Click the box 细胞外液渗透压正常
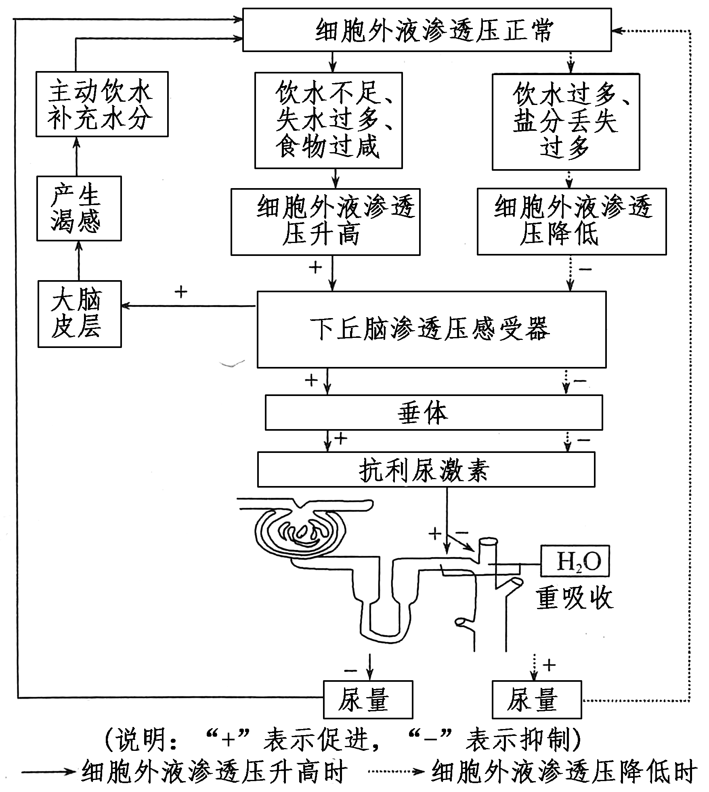(x=427, y=30)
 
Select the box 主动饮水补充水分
(x=102, y=104)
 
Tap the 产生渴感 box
(x=79, y=208)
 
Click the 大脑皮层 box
(x=79, y=314)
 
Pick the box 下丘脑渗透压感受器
(x=431, y=329)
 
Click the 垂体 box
(x=433, y=412)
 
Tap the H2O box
(x=575, y=561)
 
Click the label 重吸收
(x=574, y=598)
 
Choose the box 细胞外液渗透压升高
(x=325, y=221)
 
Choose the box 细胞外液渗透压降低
(x=571, y=221)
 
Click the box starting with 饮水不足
(x=328, y=120)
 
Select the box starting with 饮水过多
(x=565, y=121)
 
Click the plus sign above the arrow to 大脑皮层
(x=181, y=292)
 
